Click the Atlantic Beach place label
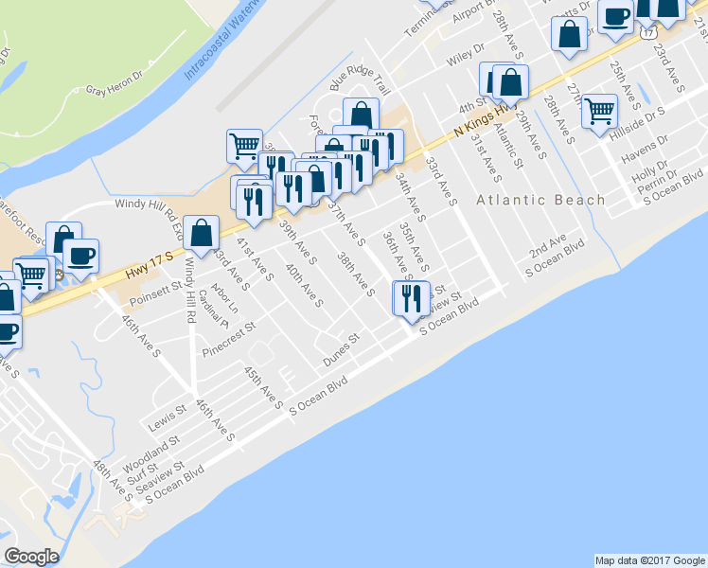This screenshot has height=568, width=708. click(x=540, y=200)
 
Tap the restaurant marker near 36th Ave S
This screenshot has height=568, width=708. click(x=411, y=299)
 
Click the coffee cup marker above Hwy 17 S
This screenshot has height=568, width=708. click(x=80, y=256)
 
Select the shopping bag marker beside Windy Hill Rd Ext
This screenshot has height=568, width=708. click(x=202, y=233)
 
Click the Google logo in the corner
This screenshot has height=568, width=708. click(x=32, y=556)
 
